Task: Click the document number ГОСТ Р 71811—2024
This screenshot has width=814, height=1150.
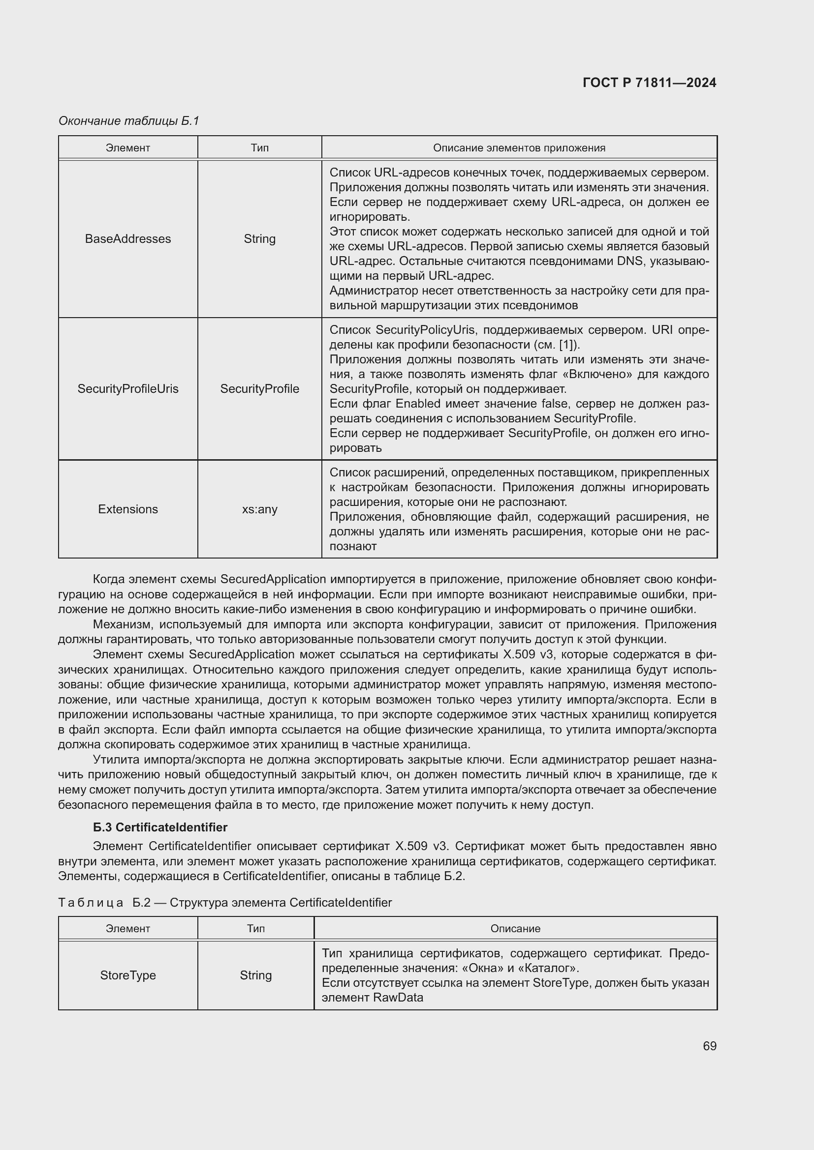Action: [x=649, y=83]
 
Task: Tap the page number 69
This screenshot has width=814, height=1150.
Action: [x=709, y=1046]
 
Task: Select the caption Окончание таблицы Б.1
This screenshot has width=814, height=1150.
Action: [x=129, y=121]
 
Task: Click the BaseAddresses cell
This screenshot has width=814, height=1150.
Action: [x=128, y=239]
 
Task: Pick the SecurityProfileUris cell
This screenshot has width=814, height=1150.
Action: [x=128, y=389]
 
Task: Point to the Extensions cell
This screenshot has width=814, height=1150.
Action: [x=128, y=509]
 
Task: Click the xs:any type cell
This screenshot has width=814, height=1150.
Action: [x=259, y=509]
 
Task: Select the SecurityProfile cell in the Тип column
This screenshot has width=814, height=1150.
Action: [x=259, y=389]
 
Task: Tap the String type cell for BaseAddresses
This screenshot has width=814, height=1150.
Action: [x=259, y=239]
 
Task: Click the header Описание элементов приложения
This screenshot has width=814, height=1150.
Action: [x=519, y=148]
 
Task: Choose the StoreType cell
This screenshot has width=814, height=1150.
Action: [x=128, y=975]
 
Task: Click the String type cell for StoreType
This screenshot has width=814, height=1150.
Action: [x=255, y=975]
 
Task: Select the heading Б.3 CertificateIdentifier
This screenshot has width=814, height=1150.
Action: [x=160, y=827]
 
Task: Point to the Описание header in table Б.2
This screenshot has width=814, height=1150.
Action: [x=515, y=929]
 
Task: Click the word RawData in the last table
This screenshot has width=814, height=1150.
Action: [x=398, y=998]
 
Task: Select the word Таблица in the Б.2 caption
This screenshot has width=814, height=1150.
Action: [x=91, y=903]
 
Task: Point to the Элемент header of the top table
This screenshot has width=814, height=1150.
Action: [x=128, y=148]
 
